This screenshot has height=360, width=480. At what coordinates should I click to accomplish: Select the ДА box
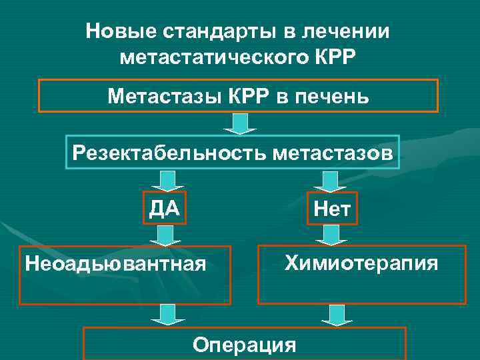pyautogui.click(x=164, y=209)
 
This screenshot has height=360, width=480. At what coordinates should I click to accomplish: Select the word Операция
pyautogui.click(x=243, y=345)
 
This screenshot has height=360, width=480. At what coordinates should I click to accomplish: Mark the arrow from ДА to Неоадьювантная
pyautogui.click(x=162, y=235)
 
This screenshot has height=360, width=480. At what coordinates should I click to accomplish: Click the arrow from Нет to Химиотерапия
pyautogui.click(x=327, y=235)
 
